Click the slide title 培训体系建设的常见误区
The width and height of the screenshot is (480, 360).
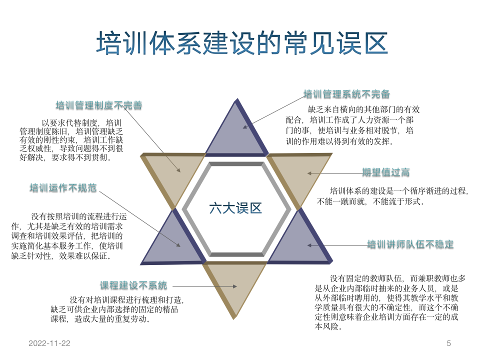click(x=241, y=43)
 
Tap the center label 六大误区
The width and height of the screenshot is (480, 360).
click(x=235, y=208)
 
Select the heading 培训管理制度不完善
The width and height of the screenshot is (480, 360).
click(x=98, y=105)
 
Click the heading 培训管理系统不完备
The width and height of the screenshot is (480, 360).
click(x=346, y=94)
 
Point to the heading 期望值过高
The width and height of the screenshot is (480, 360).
click(x=386, y=172)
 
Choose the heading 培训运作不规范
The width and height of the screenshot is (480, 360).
click(x=63, y=188)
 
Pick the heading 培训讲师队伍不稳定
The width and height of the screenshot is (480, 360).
click(x=410, y=244)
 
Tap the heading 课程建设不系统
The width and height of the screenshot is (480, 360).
click(x=133, y=285)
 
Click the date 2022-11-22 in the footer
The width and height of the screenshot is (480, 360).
click(x=49, y=343)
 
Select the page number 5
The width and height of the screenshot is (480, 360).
click(x=448, y=343)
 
